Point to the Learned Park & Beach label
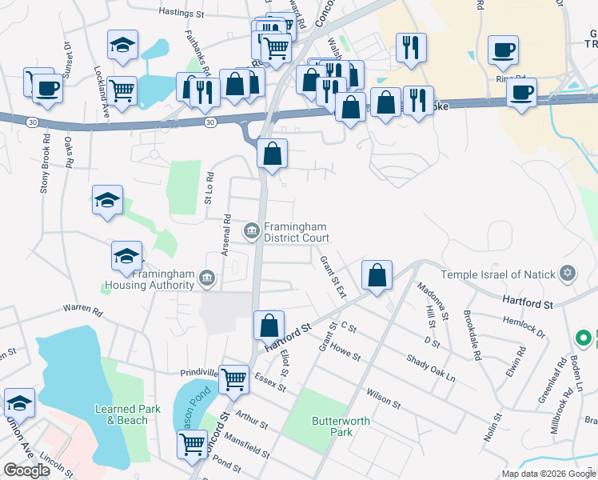[x=123, y=414]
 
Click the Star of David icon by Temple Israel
[x=568, y=274]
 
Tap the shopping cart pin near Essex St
[x=233, y=379]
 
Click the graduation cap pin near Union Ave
[x=19, y=403]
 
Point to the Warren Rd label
[x=86, y=310]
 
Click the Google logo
[x=27, y=470]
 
